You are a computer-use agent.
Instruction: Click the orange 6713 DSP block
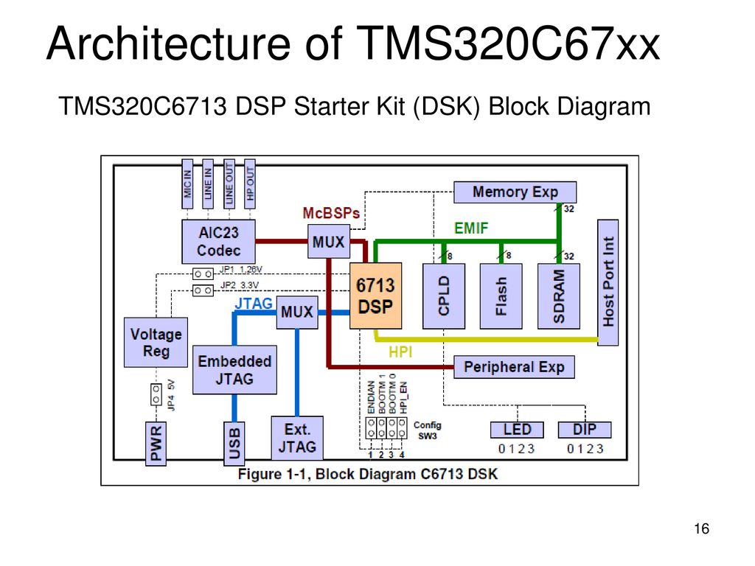(375, 296)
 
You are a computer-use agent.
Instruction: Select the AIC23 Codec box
(218, 242)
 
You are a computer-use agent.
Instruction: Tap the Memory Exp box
(515, 192)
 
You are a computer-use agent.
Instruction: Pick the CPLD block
(443, 296)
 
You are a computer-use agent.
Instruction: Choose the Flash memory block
(501, 296)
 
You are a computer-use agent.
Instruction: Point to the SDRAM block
(559, 296)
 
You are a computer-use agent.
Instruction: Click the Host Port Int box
(608, 282)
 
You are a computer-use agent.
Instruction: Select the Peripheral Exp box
(514, 367)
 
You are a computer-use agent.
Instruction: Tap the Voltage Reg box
(156, 342)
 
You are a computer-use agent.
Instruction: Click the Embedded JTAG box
(234, 370)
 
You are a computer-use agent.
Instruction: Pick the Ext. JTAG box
(297, 438)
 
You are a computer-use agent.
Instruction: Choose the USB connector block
(234, 443)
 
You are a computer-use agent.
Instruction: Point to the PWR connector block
(156, 443)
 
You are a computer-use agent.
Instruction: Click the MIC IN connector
(187, 184)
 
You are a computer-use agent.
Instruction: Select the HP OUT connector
(249, 184)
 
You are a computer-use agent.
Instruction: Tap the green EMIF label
(471, 228)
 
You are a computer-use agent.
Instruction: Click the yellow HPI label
(400, 352)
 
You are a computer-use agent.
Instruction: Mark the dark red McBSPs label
(331, 213)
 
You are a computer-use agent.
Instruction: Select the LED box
(517, 430)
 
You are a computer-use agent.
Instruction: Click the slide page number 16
(702, 528)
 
